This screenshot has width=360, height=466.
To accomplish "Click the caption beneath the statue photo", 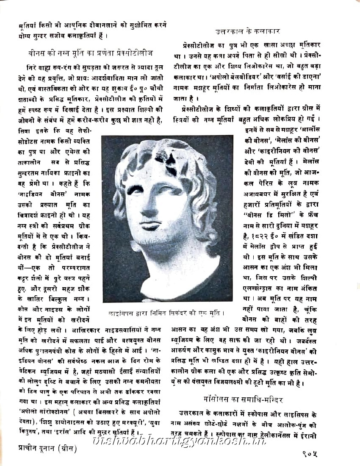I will pyautogui.click(x=166, y=314).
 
